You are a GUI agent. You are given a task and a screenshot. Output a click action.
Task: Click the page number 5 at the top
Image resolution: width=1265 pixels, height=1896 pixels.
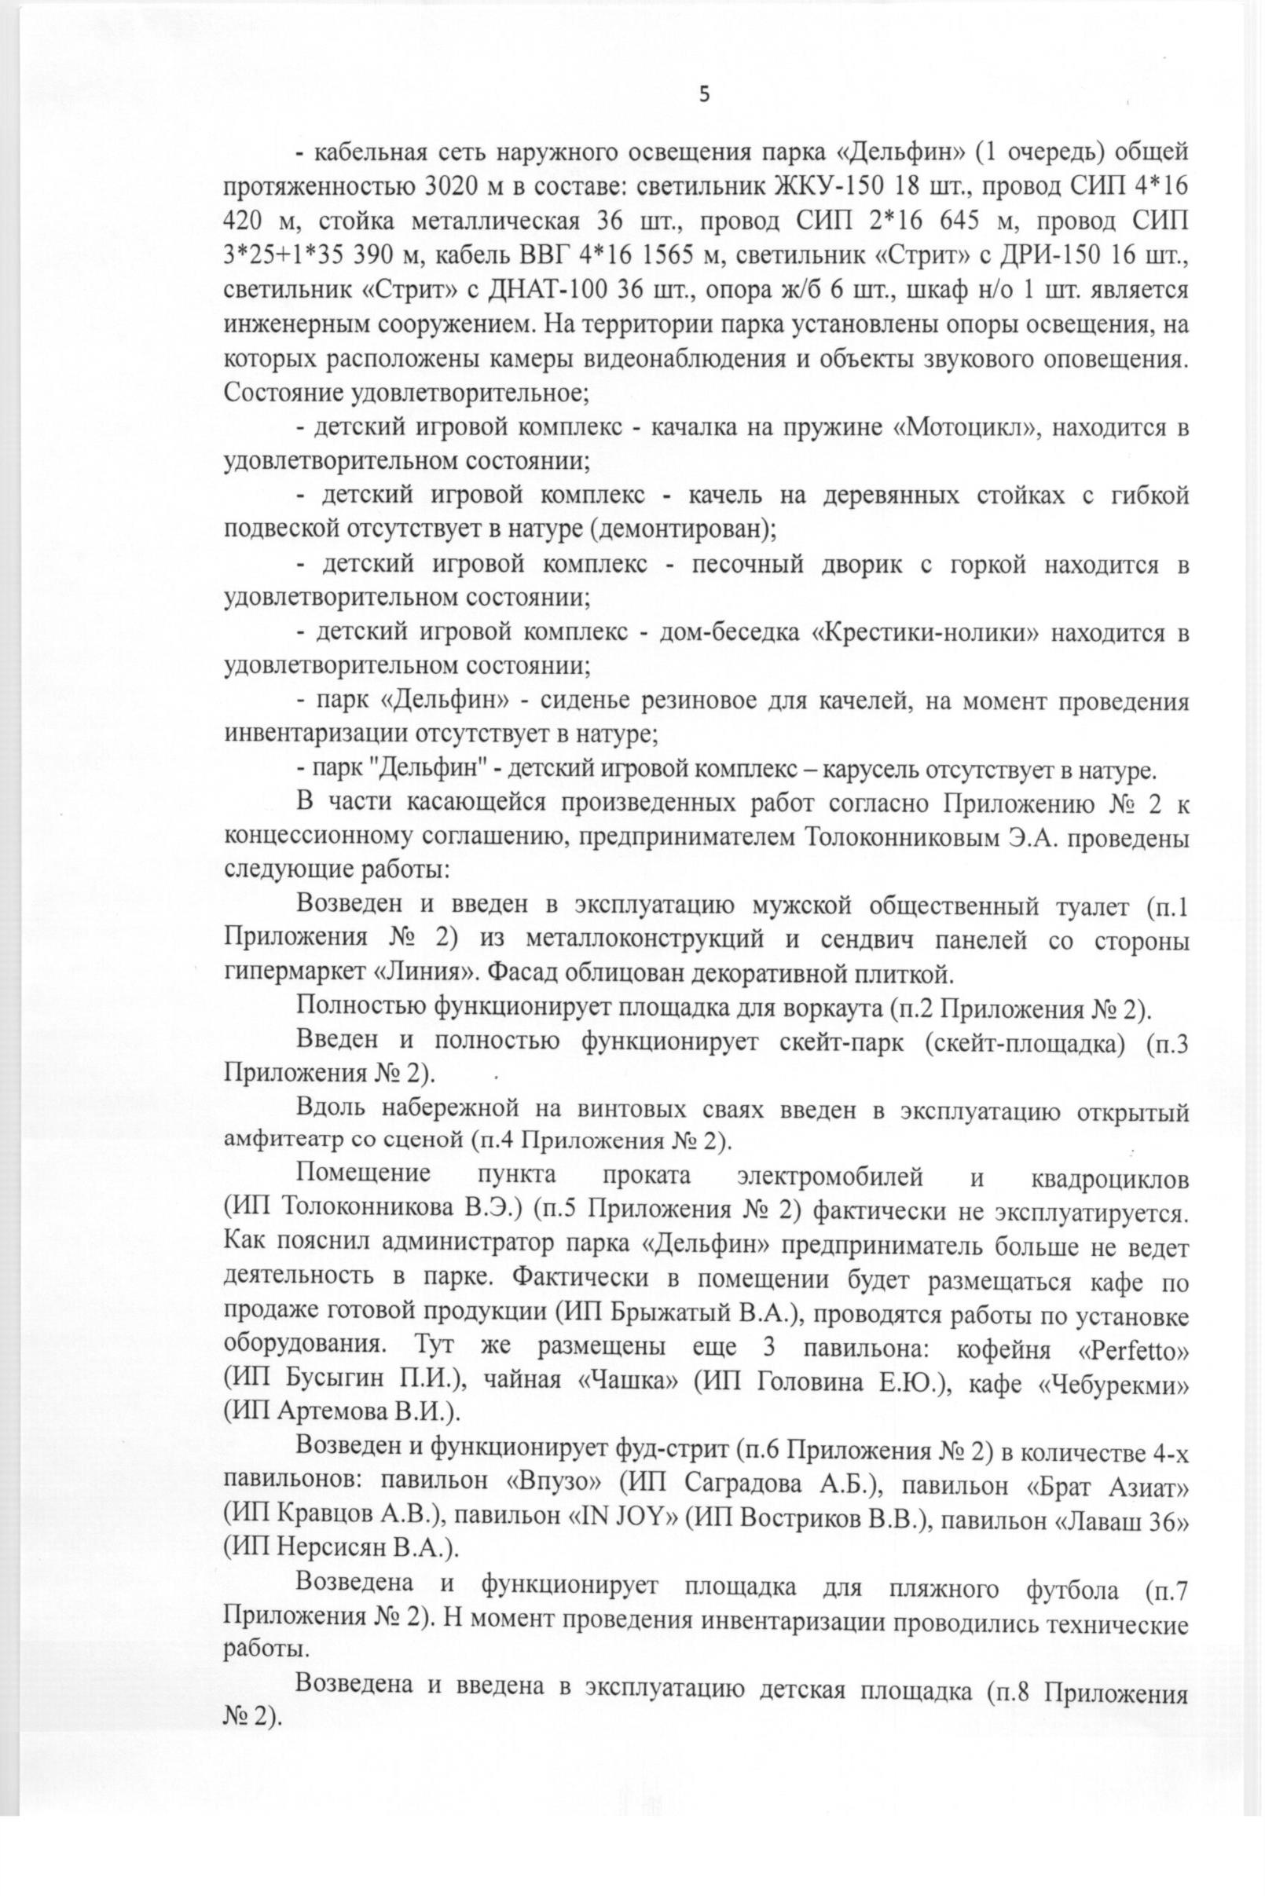pos(704,95)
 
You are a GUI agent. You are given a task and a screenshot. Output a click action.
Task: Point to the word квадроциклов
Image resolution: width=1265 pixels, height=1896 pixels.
pos(1109,1178)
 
